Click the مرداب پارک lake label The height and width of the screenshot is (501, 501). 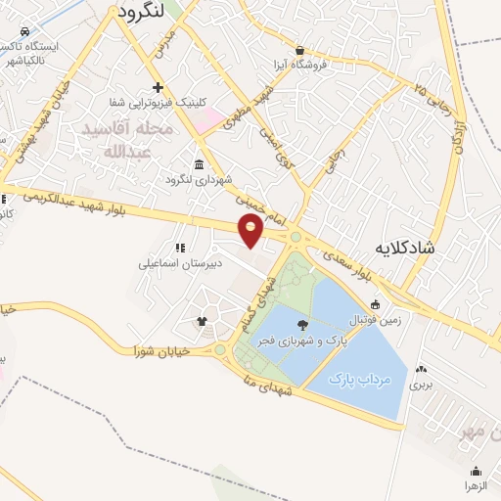[358, 378]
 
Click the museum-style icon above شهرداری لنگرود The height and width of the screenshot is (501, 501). [199, 163]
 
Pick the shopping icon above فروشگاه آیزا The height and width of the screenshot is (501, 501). [299, 51]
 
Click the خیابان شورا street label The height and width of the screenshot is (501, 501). [165, 350]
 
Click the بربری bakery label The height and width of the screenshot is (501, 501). [422, 386]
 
